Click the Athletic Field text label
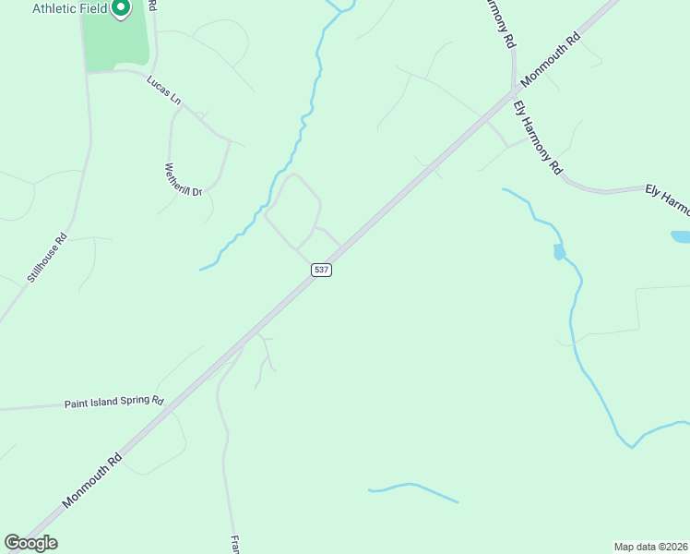pyautogui.click(x=69, y=9)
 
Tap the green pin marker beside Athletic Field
pyautogui.click(x=121, y=9)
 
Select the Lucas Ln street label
pyautogui.click(x=163, y=90)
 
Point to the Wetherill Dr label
pyautogui.click(x=183, y=180)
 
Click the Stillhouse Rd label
pyautogui.click(x=48, y=257)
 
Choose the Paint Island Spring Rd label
pyautogui.click(x=113, y=403)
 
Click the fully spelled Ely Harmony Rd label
pyautogui.click(x=538, y=138)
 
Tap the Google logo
pyautogui.click(x=30, y=543)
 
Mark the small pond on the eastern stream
pyautogui.click(x=559, y=252)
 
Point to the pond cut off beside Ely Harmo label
pyautogui.click(x=681, y=236)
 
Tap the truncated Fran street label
pyautogui.click(x=234, y=543)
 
